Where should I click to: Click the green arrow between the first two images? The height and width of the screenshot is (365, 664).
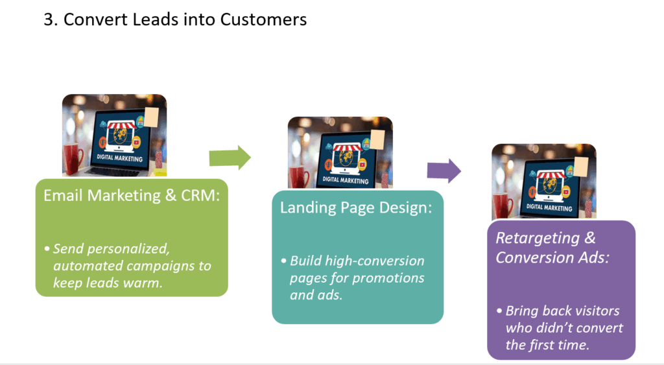point(230,158)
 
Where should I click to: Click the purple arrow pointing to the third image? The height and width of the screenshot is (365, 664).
point(444,171)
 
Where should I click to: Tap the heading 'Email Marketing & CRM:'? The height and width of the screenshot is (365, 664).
point(132,195)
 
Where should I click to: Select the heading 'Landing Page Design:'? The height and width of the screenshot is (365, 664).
point(356,207)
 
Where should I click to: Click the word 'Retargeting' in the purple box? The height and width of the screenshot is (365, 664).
point(538,239)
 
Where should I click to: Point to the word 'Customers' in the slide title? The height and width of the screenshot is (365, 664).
point(263,19)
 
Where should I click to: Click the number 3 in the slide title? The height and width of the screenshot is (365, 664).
point(49,19)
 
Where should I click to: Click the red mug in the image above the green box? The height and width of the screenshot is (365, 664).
point(73,159)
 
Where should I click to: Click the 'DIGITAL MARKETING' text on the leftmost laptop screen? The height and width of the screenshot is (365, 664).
point(120,158)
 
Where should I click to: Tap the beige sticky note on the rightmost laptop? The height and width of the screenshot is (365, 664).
point(581,167)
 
